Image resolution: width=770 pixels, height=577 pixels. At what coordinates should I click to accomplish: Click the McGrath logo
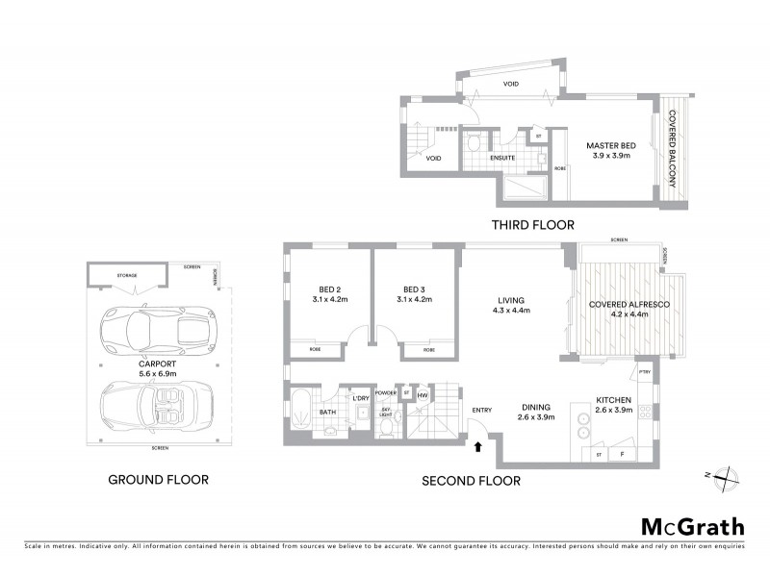point(692,526)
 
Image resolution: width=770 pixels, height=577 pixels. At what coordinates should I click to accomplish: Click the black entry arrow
point(477,444)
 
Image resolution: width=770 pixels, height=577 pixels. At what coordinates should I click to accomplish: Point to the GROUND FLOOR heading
point(158,479)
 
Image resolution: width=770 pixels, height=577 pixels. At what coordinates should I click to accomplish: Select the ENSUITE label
point(502,158)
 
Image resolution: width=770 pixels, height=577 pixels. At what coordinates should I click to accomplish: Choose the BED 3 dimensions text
point(414,299)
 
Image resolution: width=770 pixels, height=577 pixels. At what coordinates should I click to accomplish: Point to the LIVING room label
point(511,299)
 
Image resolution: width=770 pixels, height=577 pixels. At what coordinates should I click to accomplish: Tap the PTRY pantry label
point(645,373)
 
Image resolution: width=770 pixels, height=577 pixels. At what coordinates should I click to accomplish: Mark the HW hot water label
point(423,395)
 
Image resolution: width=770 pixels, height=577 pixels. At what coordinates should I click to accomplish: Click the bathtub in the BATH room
point(301,412)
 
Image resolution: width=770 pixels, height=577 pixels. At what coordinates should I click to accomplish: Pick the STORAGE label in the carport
point(127,275)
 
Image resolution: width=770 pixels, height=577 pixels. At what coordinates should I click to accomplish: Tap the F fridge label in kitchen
point(623,453)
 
